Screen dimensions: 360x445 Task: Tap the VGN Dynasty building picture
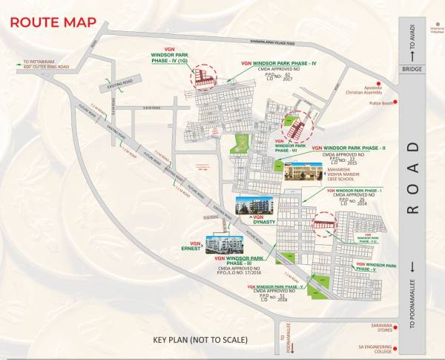(x=250, y=206)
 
